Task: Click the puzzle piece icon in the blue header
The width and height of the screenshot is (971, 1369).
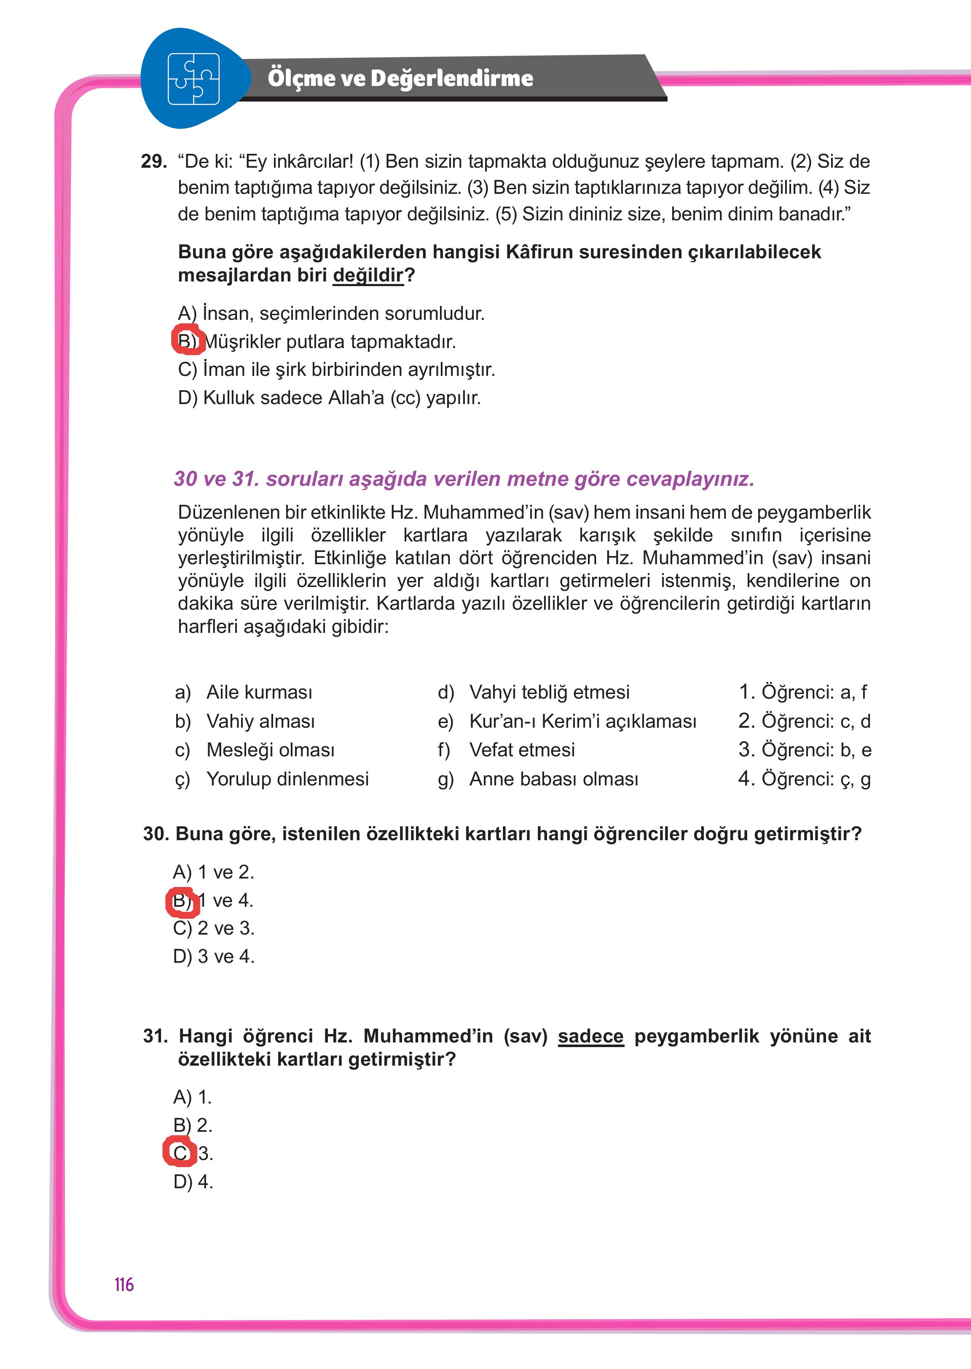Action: click(x=193, y=79)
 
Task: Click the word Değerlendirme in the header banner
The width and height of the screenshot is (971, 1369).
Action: click(x=451, y=78)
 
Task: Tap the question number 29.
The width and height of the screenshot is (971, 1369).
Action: click(x=154, y=161)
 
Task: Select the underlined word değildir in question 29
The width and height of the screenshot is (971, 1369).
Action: click(x=368, y=276)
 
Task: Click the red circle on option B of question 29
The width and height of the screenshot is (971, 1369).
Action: click(x=188, y=340)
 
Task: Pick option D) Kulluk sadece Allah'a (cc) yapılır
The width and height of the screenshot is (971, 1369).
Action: click(x=330, y=397)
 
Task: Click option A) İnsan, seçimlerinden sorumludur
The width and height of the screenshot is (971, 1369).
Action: click(x=331, y=313)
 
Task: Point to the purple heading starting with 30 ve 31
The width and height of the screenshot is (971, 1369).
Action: click(x=464, y=479)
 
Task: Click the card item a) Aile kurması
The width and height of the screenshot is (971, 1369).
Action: click(x=243, y=692)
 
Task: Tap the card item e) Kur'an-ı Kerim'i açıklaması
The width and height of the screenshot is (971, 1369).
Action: click(x=567, y=721)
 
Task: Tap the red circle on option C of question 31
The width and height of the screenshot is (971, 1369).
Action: click(x=180, y=1152)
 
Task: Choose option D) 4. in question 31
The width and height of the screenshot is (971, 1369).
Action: click(x=193, y=1182)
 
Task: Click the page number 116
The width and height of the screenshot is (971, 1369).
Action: click(x=124, y=1285)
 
